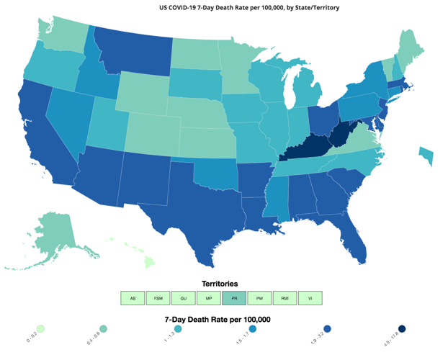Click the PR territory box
(234, 298)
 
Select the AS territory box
(133, 298)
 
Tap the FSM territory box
(158, 298)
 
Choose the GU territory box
(183, 298)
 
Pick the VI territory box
(310, 298)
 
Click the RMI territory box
(285, 298)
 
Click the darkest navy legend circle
(402, 329)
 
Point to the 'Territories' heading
(220, 284)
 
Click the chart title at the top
(249, 7)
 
